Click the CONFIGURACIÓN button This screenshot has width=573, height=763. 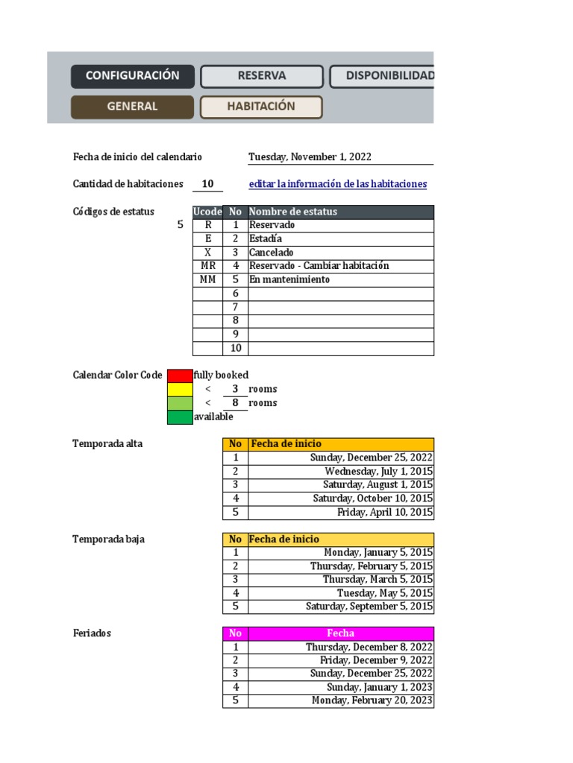(x=133, y=76)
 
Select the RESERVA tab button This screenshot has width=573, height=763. (x=262, y=76)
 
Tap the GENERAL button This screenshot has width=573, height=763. (x=132, y=107)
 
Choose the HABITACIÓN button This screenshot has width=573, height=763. (x=261, y=107)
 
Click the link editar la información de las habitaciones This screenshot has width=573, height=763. (x=337, y=184)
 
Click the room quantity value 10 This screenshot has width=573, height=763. (x=207, y=184)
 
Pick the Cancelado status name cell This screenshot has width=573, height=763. (x=340, y=253)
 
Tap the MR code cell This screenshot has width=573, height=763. (x=208, y=266)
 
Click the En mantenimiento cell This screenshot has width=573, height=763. (x=340, y=279)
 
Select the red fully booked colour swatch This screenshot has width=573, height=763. (x=180, y=376)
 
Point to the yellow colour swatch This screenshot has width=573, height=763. (x=180, y=389)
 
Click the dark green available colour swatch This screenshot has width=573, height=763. (x=180, y=417)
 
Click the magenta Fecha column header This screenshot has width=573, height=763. (x=340, y=633)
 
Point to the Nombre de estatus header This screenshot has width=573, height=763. (x=340, y=212)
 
